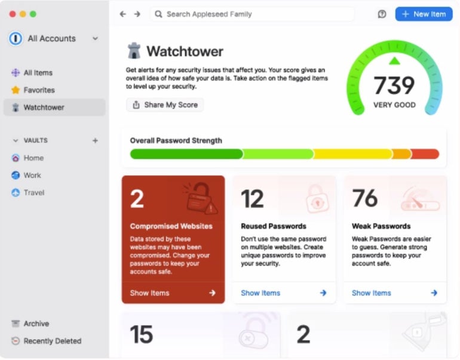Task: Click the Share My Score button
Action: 165,105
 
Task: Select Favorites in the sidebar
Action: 39,90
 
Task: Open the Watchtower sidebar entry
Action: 44,107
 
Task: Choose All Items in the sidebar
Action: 38,73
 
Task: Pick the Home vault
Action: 33,158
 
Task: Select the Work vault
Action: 32,176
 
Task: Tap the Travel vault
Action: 34,193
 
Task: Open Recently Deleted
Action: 52,341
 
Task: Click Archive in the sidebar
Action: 36,324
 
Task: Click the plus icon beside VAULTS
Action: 95,141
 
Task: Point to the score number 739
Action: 394,85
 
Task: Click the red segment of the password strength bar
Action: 425,154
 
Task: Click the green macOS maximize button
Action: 33,14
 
